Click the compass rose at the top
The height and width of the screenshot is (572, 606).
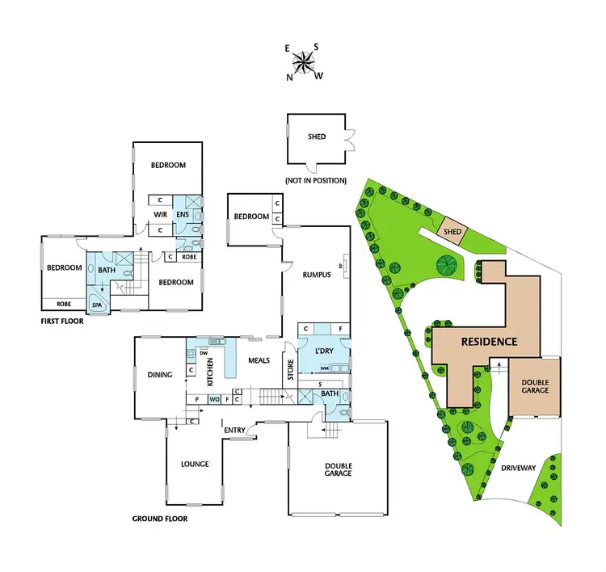303,61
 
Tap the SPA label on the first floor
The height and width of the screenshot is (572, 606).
97,306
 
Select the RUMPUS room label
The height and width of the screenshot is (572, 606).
318,275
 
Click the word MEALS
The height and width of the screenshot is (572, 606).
259,360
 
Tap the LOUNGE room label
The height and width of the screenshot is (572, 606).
195,464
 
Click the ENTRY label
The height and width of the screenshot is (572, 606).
235,429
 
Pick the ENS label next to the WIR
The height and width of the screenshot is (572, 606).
183,214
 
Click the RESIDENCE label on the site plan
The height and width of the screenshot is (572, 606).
489,341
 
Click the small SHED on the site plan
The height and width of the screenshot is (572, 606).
452,233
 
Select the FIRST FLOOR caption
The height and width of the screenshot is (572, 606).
63,320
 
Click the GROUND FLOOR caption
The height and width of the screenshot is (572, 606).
160,518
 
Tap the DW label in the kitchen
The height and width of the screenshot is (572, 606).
204,352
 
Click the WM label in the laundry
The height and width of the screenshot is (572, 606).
312,368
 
